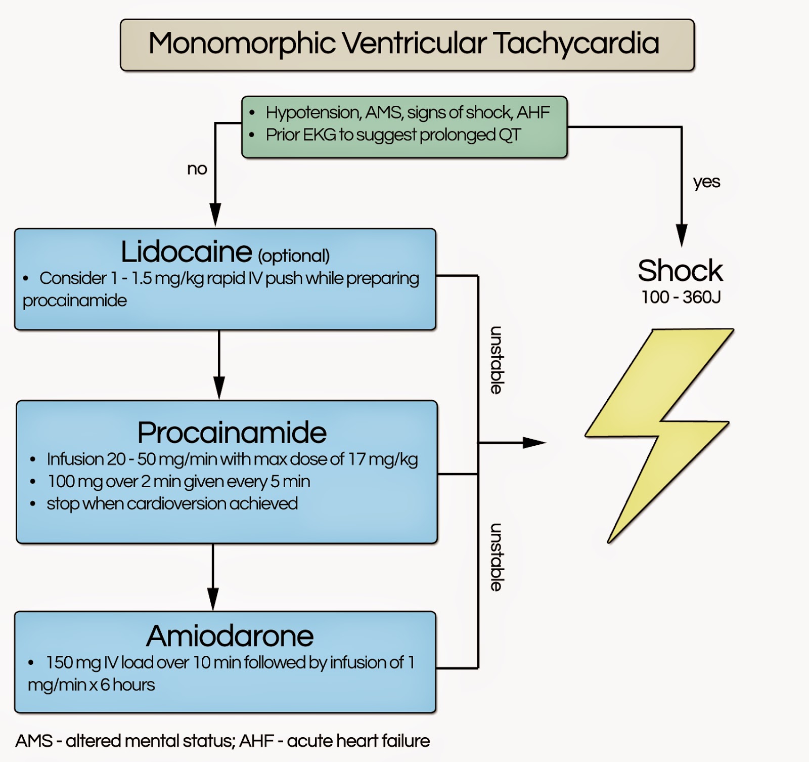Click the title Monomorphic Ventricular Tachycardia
pyautogui.click(x=403, y=44)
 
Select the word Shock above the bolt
pyautogui.click(x=680, y=271)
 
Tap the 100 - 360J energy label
pyautogui.click(x=681, y=297)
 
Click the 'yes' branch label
pyautogui.click(x=706, y=182)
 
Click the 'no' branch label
pyautogui.click(x=197, y=168)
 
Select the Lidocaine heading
pyautogui.click(x=186, y=251)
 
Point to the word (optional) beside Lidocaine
pyautogui.click(x=294, y=256)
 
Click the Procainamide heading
pyautogui.click(x=232, y=433)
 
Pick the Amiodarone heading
pyautogui.click(x=230, y=636)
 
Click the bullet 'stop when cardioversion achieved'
pyautogui.click(x=172, y=503)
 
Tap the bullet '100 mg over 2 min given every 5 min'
pyautogui.click(x=178, y=481)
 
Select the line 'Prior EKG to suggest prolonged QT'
pyautogui.click(x=393, y=135)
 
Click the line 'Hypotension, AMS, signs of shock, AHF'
pyautogui.click(x=408, y=112)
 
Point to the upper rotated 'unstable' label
pyautogui.click(x=496, y=360)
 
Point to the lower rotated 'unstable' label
pyautogui.click(x=496, y=557)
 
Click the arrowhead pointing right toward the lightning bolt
pyautogui.click(x=534, y=443)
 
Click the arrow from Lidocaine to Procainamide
pyautogui.click(x=219, y=364)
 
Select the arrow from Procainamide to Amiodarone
pyautogui.click(x=213, y=577)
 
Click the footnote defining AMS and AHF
pyautogui.click(x=222, y=741)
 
